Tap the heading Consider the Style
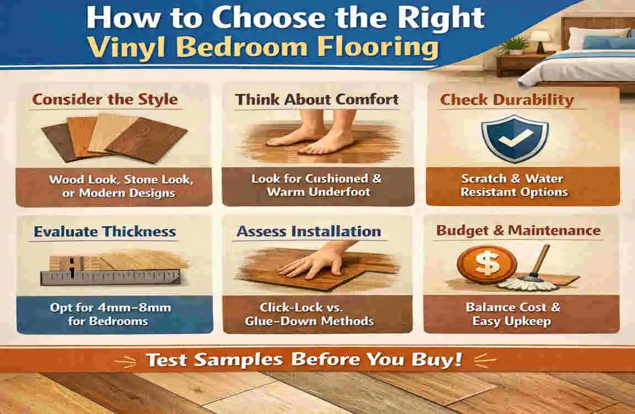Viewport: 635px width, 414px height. [x=105, y=99]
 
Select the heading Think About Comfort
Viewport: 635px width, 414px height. [x=317, y=99]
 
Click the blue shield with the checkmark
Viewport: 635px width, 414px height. [x=515, y=138]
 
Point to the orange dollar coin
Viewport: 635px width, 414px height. [x=487, y=264]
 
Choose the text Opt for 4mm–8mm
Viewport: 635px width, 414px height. [x=110, y=307]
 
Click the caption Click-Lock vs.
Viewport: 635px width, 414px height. [x=301, y=307]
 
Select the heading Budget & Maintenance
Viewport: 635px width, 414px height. [x=518, y=230]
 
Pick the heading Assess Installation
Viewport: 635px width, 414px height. [x=309, y=231]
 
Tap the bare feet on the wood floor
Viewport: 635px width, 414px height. [x=313, y=134]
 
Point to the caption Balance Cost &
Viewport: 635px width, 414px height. [x=513, y=307]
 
